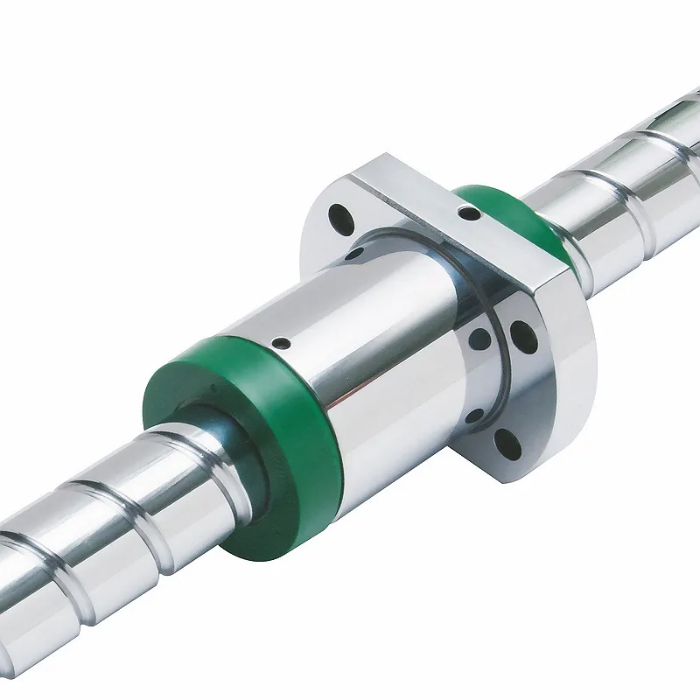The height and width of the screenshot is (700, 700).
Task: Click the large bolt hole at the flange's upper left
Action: point(336,214)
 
